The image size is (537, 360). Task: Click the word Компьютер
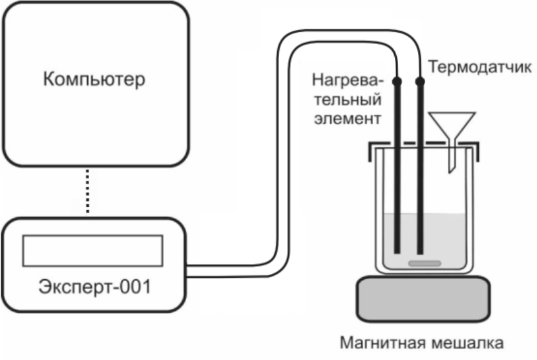coord(94,79)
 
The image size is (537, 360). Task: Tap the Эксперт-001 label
coord(94,286)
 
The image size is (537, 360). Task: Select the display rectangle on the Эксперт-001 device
coord(92,250)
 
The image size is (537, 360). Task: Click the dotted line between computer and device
coord(88,191)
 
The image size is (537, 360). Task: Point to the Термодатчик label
coord(479,67)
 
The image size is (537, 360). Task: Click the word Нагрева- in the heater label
coord(347,81)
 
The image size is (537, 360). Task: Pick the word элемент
coord(348,119)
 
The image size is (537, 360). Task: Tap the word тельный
coord(348,100)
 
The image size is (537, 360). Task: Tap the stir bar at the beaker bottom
coord(425,264)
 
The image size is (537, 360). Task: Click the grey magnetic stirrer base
coord(423,299)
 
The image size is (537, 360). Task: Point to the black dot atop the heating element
coord(397,81)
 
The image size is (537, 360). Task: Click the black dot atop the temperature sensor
coord(420,81)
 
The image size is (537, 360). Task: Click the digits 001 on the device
coord(137,286)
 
